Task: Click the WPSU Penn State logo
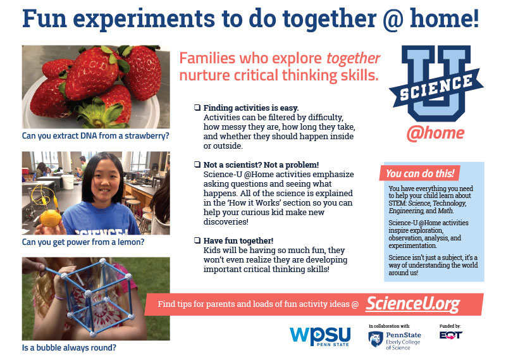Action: pos(320,337)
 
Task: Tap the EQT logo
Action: pos(451,335)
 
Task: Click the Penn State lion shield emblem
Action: pos(376,339)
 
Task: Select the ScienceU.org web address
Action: pos(413,304)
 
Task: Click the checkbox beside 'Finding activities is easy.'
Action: pos(197,107)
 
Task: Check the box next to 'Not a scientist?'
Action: pos(197,164)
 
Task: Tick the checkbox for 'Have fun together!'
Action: pos(197,240)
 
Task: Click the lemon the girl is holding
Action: pos(51,218)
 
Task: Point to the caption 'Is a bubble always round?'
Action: pos(69,348)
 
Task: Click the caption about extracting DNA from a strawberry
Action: pos(96,135)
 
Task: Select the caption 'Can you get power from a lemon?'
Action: pos(83,242)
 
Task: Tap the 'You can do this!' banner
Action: pos(419,173)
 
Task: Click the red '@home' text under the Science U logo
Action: pos(435,133)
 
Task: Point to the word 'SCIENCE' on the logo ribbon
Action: pos(436,87)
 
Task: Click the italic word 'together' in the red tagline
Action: pos(354,58)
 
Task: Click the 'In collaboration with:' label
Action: pos(389,326)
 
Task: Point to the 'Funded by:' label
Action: pos(450,326)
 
